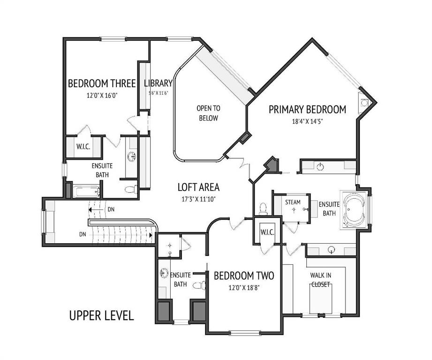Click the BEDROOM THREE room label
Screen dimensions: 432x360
tap(102, 83)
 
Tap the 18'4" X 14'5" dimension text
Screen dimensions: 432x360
tap(307, 121)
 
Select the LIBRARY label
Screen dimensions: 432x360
tap(158, 83)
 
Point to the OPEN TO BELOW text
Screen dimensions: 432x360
tap(208, 113)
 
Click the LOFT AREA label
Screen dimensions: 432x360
tap(198, 187)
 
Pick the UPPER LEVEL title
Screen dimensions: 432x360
tap(101, 315)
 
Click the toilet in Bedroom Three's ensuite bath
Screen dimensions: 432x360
tap(131, 189)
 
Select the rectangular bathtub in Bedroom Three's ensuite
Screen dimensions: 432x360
tap(86, 192)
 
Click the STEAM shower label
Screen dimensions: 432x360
tap(293, 202)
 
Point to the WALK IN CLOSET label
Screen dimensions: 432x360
tap(321, 280)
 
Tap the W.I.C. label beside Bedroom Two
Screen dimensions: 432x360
tap(267, 232)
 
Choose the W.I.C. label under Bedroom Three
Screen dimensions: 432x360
tap(83, 147)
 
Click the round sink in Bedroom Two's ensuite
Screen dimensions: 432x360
tap(164, 273)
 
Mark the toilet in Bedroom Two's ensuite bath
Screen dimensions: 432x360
tap(199, 285)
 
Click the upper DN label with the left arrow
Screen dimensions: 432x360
tap(111, 210)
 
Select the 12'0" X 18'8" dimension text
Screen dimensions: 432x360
tap(244, 288)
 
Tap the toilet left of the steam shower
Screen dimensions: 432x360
tap(263, 209)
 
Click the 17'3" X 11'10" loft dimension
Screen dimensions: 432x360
tap(198, 199)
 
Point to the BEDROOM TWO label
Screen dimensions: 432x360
tap(244, 276)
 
